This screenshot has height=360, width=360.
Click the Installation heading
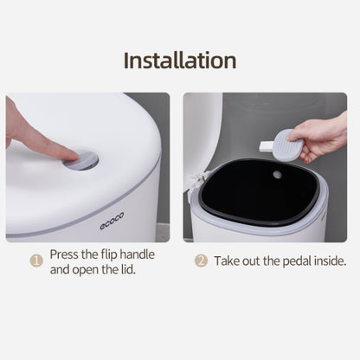(180, 61)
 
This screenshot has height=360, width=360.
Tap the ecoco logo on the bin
(112, 221)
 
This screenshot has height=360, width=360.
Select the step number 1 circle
(36, 260)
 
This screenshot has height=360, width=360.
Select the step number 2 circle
(201, 260)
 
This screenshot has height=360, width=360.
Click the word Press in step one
(64, 254)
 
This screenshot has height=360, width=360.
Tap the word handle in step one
(137, 254)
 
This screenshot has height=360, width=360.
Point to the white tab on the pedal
(267, 145)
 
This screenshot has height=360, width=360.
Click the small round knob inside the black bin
(277, 174)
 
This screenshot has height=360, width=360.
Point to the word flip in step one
(109, 255)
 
